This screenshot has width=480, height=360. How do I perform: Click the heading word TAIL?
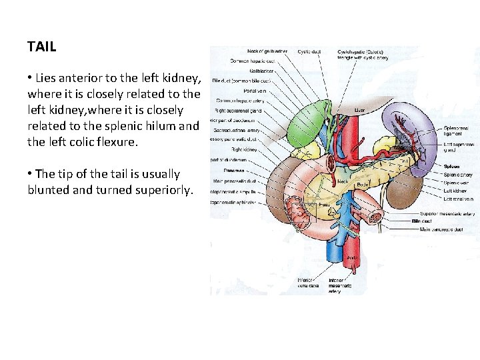pyautogui.click(x=42, y=47)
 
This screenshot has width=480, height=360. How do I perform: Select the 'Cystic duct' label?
pyautogui.click(x=309, y=51)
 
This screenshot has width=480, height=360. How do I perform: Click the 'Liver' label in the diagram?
pyautogui.click(x=361, y=109)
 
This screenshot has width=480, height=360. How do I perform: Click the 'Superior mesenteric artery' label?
pyautogui.click(x=447, y=214)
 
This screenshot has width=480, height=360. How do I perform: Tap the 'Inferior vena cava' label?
pyautogui.click(x=308, y=282)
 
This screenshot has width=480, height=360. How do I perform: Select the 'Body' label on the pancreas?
pyautogui.click(x=364, y=183)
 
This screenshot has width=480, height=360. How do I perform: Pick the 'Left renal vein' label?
pyautogui.click(x=457, y=199)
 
